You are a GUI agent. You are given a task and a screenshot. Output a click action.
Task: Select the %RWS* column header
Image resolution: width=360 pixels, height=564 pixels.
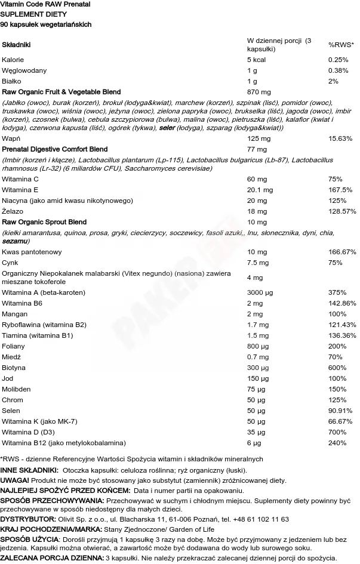click(341, 45)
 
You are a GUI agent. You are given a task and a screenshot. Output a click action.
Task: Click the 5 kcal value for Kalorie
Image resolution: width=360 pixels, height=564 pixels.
click(257, 60)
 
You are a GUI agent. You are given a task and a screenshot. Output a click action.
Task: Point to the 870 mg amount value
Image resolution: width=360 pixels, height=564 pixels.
click(259, 92)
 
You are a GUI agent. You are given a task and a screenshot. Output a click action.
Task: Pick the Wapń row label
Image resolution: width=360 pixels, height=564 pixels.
click(11, 138)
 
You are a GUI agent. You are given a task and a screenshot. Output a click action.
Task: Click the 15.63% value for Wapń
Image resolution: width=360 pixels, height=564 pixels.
click(340, 138)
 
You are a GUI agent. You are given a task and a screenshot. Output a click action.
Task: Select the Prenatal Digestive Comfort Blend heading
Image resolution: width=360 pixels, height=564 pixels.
click(55, 149)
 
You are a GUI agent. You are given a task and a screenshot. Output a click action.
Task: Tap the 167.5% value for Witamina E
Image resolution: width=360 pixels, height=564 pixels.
click(340, 190)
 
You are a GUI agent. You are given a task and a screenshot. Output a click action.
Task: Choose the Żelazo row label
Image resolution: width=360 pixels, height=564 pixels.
click(13, 211)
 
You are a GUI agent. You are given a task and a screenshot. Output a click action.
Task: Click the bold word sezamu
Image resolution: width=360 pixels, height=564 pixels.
click(14, 241)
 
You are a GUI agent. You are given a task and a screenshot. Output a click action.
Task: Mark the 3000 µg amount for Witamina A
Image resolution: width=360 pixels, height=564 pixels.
click(261, 292)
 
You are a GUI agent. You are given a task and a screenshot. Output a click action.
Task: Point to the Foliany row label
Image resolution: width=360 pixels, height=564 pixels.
click(14, 346)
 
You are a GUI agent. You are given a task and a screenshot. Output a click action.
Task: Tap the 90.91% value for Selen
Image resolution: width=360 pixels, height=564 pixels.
click(340, 411)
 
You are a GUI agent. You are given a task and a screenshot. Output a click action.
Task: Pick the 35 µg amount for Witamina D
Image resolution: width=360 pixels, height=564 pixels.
click(257, 432)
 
